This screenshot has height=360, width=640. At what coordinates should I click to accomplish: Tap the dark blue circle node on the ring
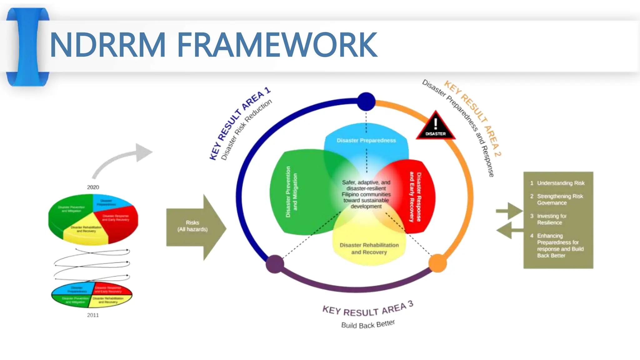[366, 102]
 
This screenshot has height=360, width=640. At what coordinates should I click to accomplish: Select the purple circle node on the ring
[275, 264]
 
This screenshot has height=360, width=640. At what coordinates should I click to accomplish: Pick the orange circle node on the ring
[437, 263]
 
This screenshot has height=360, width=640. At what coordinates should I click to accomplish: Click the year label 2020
[93, 187]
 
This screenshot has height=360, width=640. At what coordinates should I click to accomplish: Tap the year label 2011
[93, 315]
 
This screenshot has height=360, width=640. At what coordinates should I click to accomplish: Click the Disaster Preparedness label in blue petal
[366, 141]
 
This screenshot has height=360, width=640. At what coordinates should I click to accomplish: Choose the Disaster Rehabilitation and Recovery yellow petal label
[369, 249]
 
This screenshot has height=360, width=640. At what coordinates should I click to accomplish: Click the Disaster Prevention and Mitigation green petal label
[291, 192]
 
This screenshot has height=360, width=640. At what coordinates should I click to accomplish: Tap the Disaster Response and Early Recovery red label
[415, 197]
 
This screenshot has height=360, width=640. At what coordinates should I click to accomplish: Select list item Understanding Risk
[560, 183]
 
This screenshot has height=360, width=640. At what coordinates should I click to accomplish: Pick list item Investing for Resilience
[552, 219]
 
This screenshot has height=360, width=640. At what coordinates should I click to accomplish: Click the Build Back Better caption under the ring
[368, 324]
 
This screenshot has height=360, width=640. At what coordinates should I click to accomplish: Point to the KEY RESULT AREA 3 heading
[368, 309]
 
